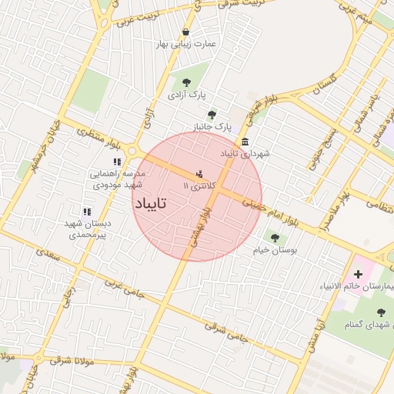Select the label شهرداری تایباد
[x=245, y=154]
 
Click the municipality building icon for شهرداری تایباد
[x=245, y=141]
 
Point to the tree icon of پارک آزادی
[x=185, y=82]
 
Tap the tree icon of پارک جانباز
[x=212, y=114]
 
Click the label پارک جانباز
[x=212, y=125]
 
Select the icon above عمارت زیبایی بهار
[x=185, y=32]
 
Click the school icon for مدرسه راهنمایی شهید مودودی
[x=117, y=162]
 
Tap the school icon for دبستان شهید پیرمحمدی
[x=87, y=211]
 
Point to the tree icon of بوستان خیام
[x=275, y=238]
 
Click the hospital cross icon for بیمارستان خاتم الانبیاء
[x=358, y=274]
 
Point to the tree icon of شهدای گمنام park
[x=382, y=312]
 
